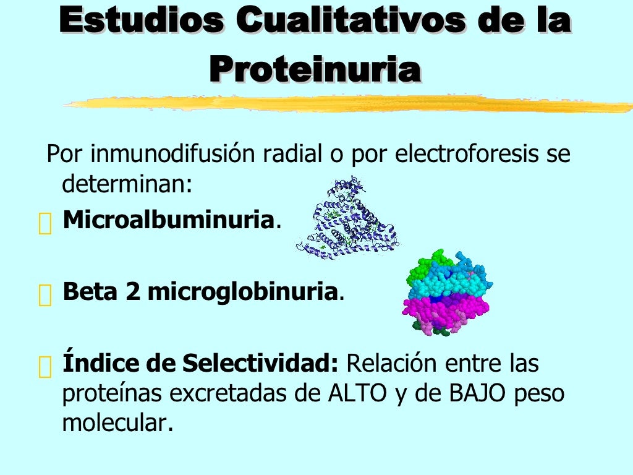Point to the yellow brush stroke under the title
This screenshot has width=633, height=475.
346,103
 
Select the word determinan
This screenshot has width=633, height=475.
123,184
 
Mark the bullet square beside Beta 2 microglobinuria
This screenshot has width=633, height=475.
45,295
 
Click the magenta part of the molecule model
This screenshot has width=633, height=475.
445,306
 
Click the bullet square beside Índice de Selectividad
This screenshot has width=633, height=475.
45,367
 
